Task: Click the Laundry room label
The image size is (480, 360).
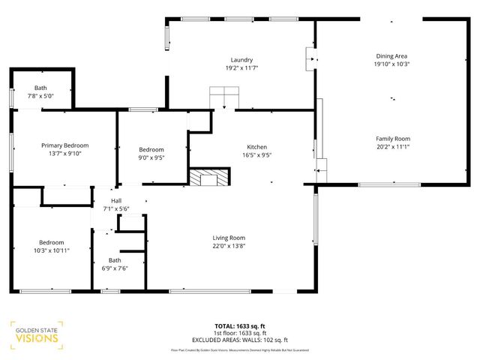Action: [x=241, y=60]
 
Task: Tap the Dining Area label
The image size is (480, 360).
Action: [x=391, y=56]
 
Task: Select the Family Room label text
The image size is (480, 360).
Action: [x=392, y=139]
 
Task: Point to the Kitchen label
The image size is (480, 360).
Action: [x=257, y=147]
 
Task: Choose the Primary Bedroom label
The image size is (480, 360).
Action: [x=65, y=145]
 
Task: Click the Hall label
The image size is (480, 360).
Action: [x=116, y=200]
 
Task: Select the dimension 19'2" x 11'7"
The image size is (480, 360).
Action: [x=241, y=68]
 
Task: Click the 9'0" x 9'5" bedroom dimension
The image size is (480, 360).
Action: [x=151, y=157]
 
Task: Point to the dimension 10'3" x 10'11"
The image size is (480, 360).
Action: [x=52, y=250]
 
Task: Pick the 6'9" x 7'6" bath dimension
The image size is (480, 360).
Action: [x=115, y=268]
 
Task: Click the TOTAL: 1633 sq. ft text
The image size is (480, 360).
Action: [x=240, y=326]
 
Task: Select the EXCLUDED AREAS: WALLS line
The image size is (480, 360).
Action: [x=240, y=340]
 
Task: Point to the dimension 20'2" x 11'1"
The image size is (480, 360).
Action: [x=392, y=147]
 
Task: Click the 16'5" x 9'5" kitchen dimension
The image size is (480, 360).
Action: [x=257, y=156]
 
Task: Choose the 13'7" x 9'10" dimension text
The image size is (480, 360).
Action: [x=65, y=154]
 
